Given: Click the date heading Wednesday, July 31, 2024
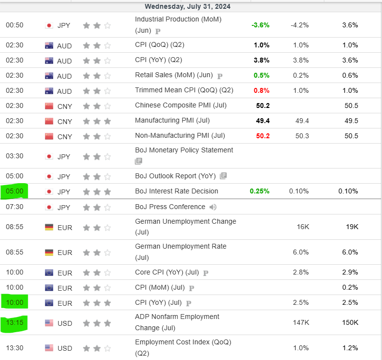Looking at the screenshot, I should click(x=188, y=6).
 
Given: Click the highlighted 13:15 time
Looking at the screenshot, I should click(x=15, y=323).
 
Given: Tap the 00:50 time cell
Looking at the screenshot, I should click(x=15, y=25).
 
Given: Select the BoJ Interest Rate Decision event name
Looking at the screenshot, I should click(x=176, y=191).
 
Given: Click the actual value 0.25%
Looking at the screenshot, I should click(x=259, y=191).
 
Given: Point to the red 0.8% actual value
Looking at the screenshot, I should click(x=261, y=90).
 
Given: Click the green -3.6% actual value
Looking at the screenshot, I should click(x=260, y=25).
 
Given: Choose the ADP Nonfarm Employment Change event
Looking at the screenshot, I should click(x=177, y=322).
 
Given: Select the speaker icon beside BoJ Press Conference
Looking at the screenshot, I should click(x=213, y=207).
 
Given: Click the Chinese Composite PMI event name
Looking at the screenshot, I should click(x=181, y=105).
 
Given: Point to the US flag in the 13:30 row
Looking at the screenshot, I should click(x=49, y=348).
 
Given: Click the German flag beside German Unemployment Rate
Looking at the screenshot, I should click(x=49, y=253).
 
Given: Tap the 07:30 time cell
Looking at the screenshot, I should click(x=15, y=207).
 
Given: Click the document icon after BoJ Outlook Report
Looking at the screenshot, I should click(x=223, y=176).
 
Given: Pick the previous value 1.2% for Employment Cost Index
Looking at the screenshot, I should click(x=350, y=348).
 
